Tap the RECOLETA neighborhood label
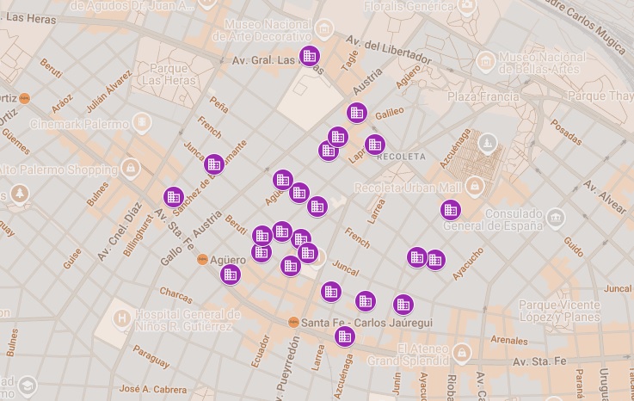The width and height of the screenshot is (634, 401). click(x=402, y=157)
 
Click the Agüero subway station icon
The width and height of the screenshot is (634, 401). click(x=202, y=259)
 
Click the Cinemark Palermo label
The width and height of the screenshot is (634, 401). click(x=78, y=124)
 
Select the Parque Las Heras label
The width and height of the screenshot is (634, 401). click(x=169, y=74)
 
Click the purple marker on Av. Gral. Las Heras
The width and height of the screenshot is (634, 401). click(x=309, y=57)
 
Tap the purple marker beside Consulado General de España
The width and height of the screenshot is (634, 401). click(x=451, y=209)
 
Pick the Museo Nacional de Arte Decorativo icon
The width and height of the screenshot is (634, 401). click(x=324, y=28)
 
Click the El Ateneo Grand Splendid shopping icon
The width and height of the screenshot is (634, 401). click(x=464, y=352)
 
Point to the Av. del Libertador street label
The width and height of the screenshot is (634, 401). click(x=388, y=50)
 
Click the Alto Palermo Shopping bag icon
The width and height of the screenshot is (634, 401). click(x=130, y=166)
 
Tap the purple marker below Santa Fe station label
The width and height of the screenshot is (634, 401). click(x=344, y=336)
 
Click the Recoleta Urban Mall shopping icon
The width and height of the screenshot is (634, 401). click(x=473, y=186)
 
